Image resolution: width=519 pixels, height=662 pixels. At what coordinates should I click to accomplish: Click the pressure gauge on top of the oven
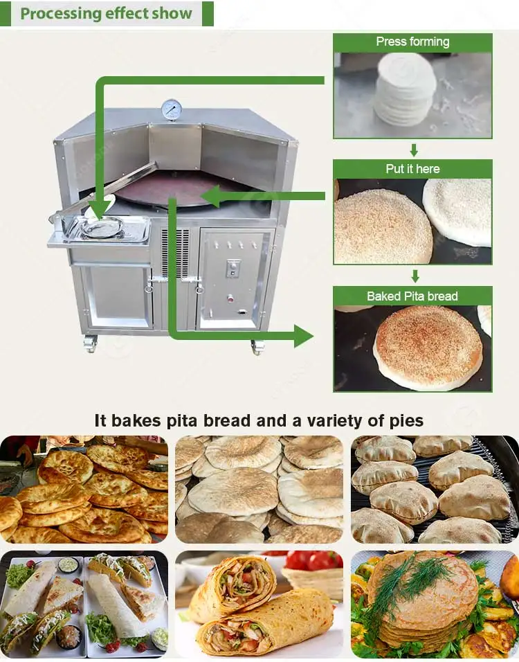pyautogui.click(x=170, y=109)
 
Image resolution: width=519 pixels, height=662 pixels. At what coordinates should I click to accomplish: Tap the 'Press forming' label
pyautogui.click(x=412, y=42)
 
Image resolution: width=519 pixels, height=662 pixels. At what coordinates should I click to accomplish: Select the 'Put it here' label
pyautogui.click(x=412, y=169)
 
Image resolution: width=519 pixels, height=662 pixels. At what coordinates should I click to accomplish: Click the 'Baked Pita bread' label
pyautogui.click(x=412, y=296)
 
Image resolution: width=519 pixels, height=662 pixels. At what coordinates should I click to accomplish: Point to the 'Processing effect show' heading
pyautogui.click(x=106, y=14)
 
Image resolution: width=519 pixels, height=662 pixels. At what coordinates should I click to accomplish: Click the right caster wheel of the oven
pyautogui.click(x=258, y=346)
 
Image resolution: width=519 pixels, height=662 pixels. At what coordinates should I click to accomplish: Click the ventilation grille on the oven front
pyautogui.click(x=174, y=253)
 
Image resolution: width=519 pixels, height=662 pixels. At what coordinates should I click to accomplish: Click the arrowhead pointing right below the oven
pyautogui.click(x=302, y=336)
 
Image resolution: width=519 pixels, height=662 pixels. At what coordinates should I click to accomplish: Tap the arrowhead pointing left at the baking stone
pyautogui.click(x=212, y=197)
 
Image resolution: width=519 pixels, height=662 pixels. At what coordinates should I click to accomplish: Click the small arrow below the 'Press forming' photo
pyautogui.click(x=414, y=150)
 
